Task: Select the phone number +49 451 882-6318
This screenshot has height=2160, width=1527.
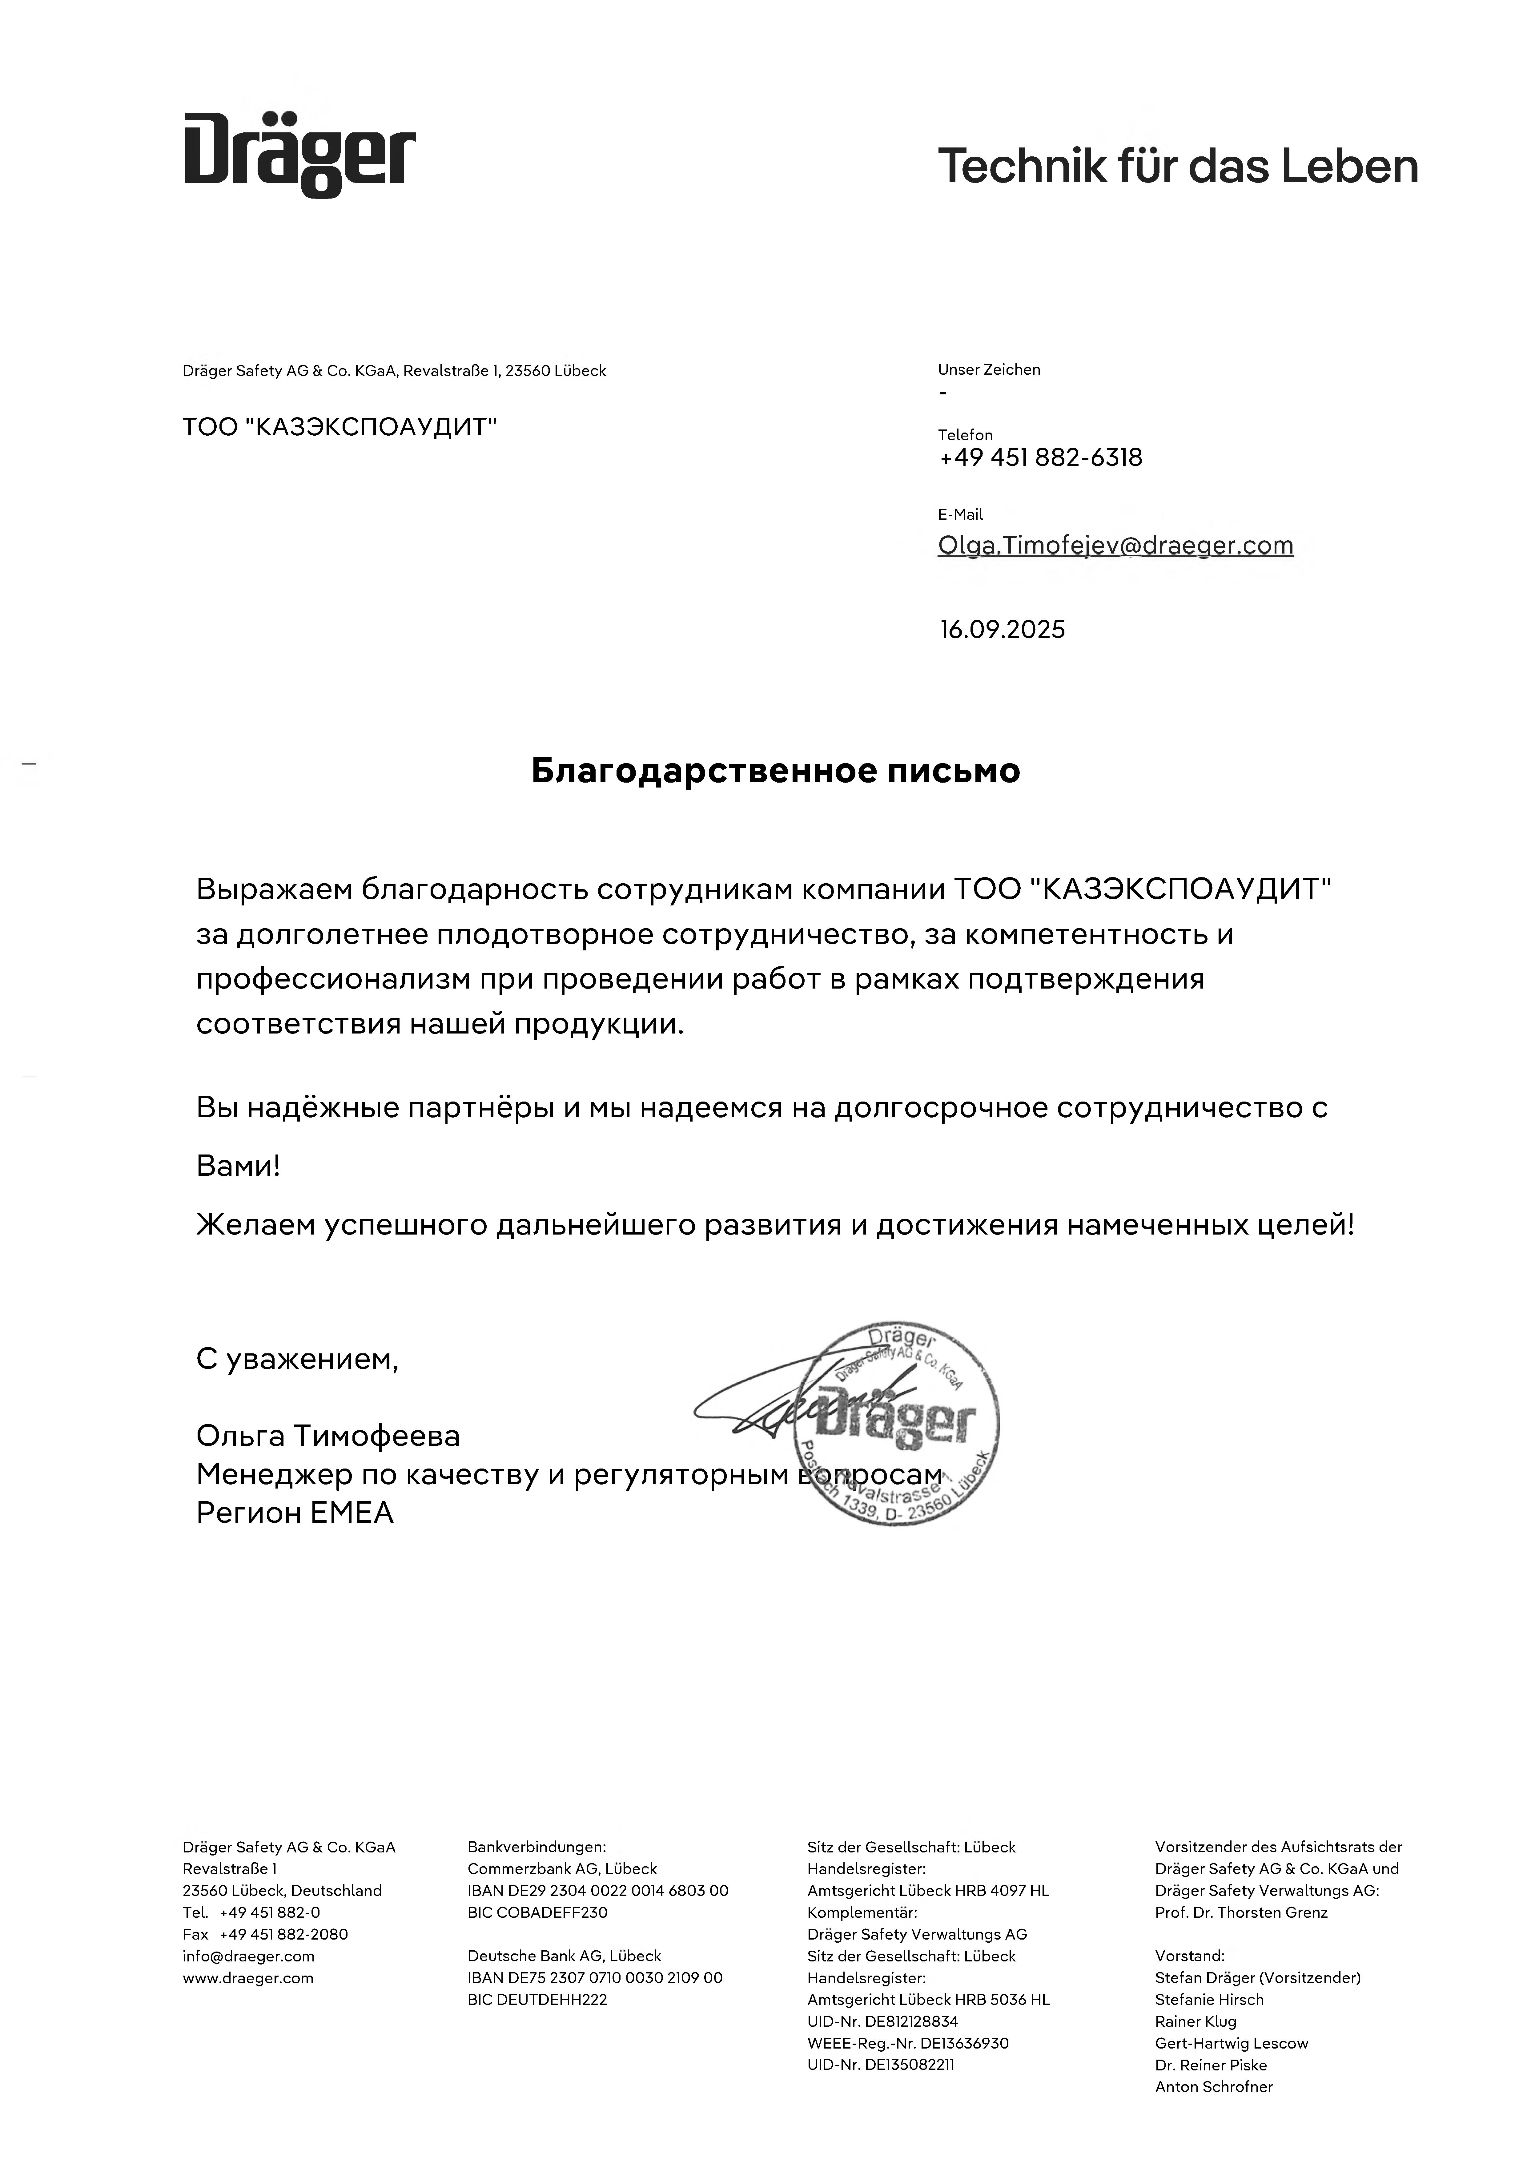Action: click(1041, 458)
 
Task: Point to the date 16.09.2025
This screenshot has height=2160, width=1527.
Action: click(1002, 629)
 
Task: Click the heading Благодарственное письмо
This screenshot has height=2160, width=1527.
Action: click(775, 771)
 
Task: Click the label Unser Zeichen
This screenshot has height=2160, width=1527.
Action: click(989, 370)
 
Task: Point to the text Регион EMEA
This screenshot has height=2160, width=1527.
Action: click(295, 1513)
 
